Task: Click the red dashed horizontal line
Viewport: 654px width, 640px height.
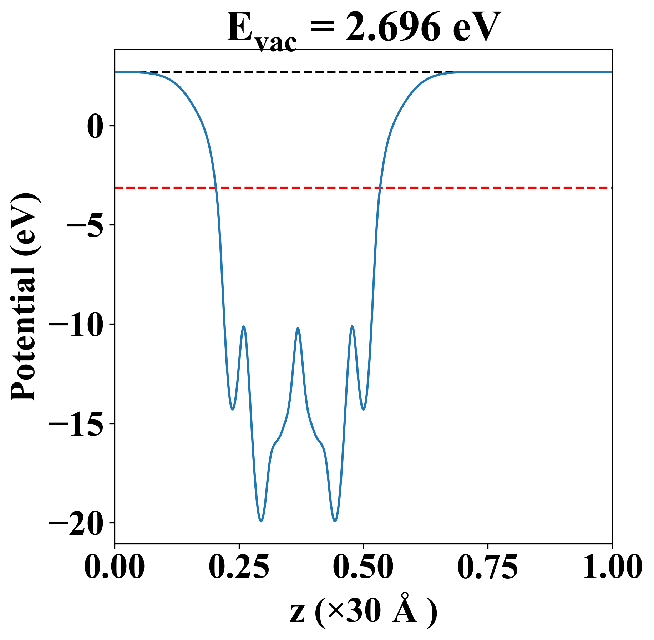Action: click(464, 187)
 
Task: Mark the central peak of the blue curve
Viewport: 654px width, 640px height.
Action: click(298, 328)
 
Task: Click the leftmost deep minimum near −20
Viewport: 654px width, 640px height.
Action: click(261, 521)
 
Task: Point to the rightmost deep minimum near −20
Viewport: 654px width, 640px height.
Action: click(335, 521)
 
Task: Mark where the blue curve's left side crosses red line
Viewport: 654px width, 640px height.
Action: click(216, 187)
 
